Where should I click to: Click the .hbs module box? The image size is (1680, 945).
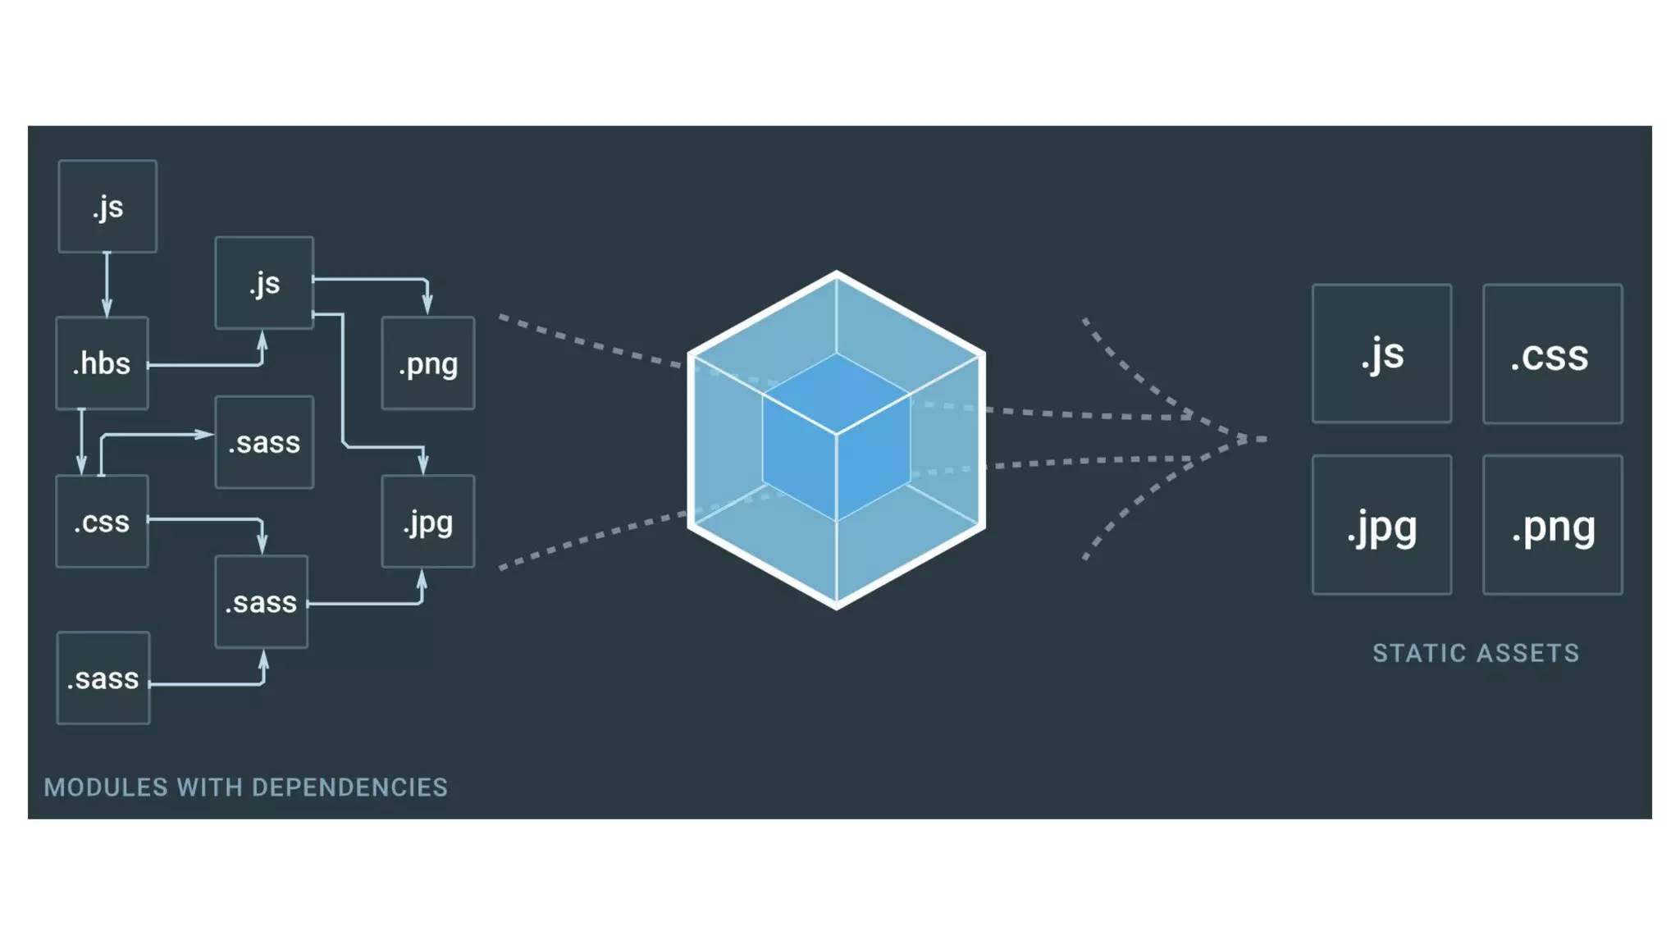click(x=102, y=363)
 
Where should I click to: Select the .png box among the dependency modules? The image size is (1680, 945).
click(x=427, y=363)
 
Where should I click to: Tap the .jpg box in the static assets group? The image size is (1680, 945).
click(x=1381, y=525)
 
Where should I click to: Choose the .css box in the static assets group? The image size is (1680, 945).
click(x=1552, y=354)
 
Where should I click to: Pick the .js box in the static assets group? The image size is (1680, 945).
click(x=1381, y=354)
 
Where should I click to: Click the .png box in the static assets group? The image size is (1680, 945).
click(x=1552, y=525)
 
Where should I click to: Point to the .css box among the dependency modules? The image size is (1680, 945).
click(x=102, y=521)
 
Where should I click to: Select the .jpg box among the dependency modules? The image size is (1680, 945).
click(x=427, y=521)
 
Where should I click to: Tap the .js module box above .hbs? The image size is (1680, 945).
click(x=107, y=206)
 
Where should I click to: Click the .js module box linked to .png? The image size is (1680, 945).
click(x=264, y=283)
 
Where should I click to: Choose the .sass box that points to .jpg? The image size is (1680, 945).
click(x=261, y=601)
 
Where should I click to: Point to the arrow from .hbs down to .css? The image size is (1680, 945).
click(x=81, y=443)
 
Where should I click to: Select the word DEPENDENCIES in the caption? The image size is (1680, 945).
click(x=349, y=787)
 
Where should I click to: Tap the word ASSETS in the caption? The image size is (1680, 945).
click(x=1528, y=653)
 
